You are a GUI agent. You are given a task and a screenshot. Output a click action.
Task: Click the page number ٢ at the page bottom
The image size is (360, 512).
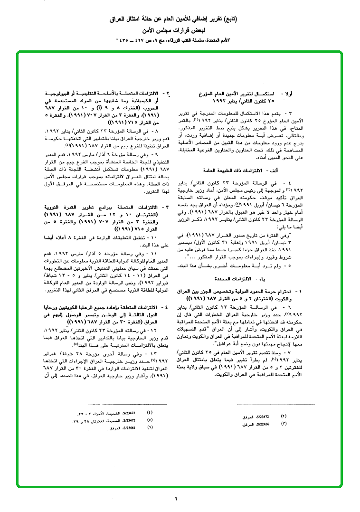tap(176, 498)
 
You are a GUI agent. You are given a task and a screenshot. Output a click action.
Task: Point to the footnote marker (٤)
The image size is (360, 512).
tap(151, 412)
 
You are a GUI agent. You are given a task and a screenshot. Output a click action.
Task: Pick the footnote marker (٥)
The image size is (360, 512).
tap(151, 420)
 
